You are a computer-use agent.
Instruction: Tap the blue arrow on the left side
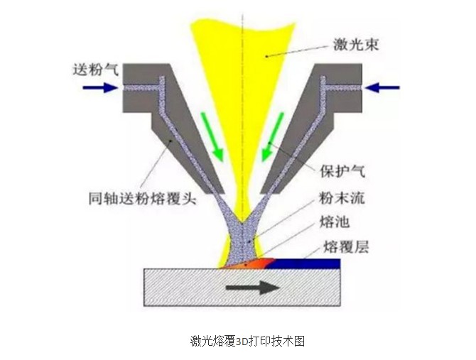(98, 87)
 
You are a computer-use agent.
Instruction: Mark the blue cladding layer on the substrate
(305, 263)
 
